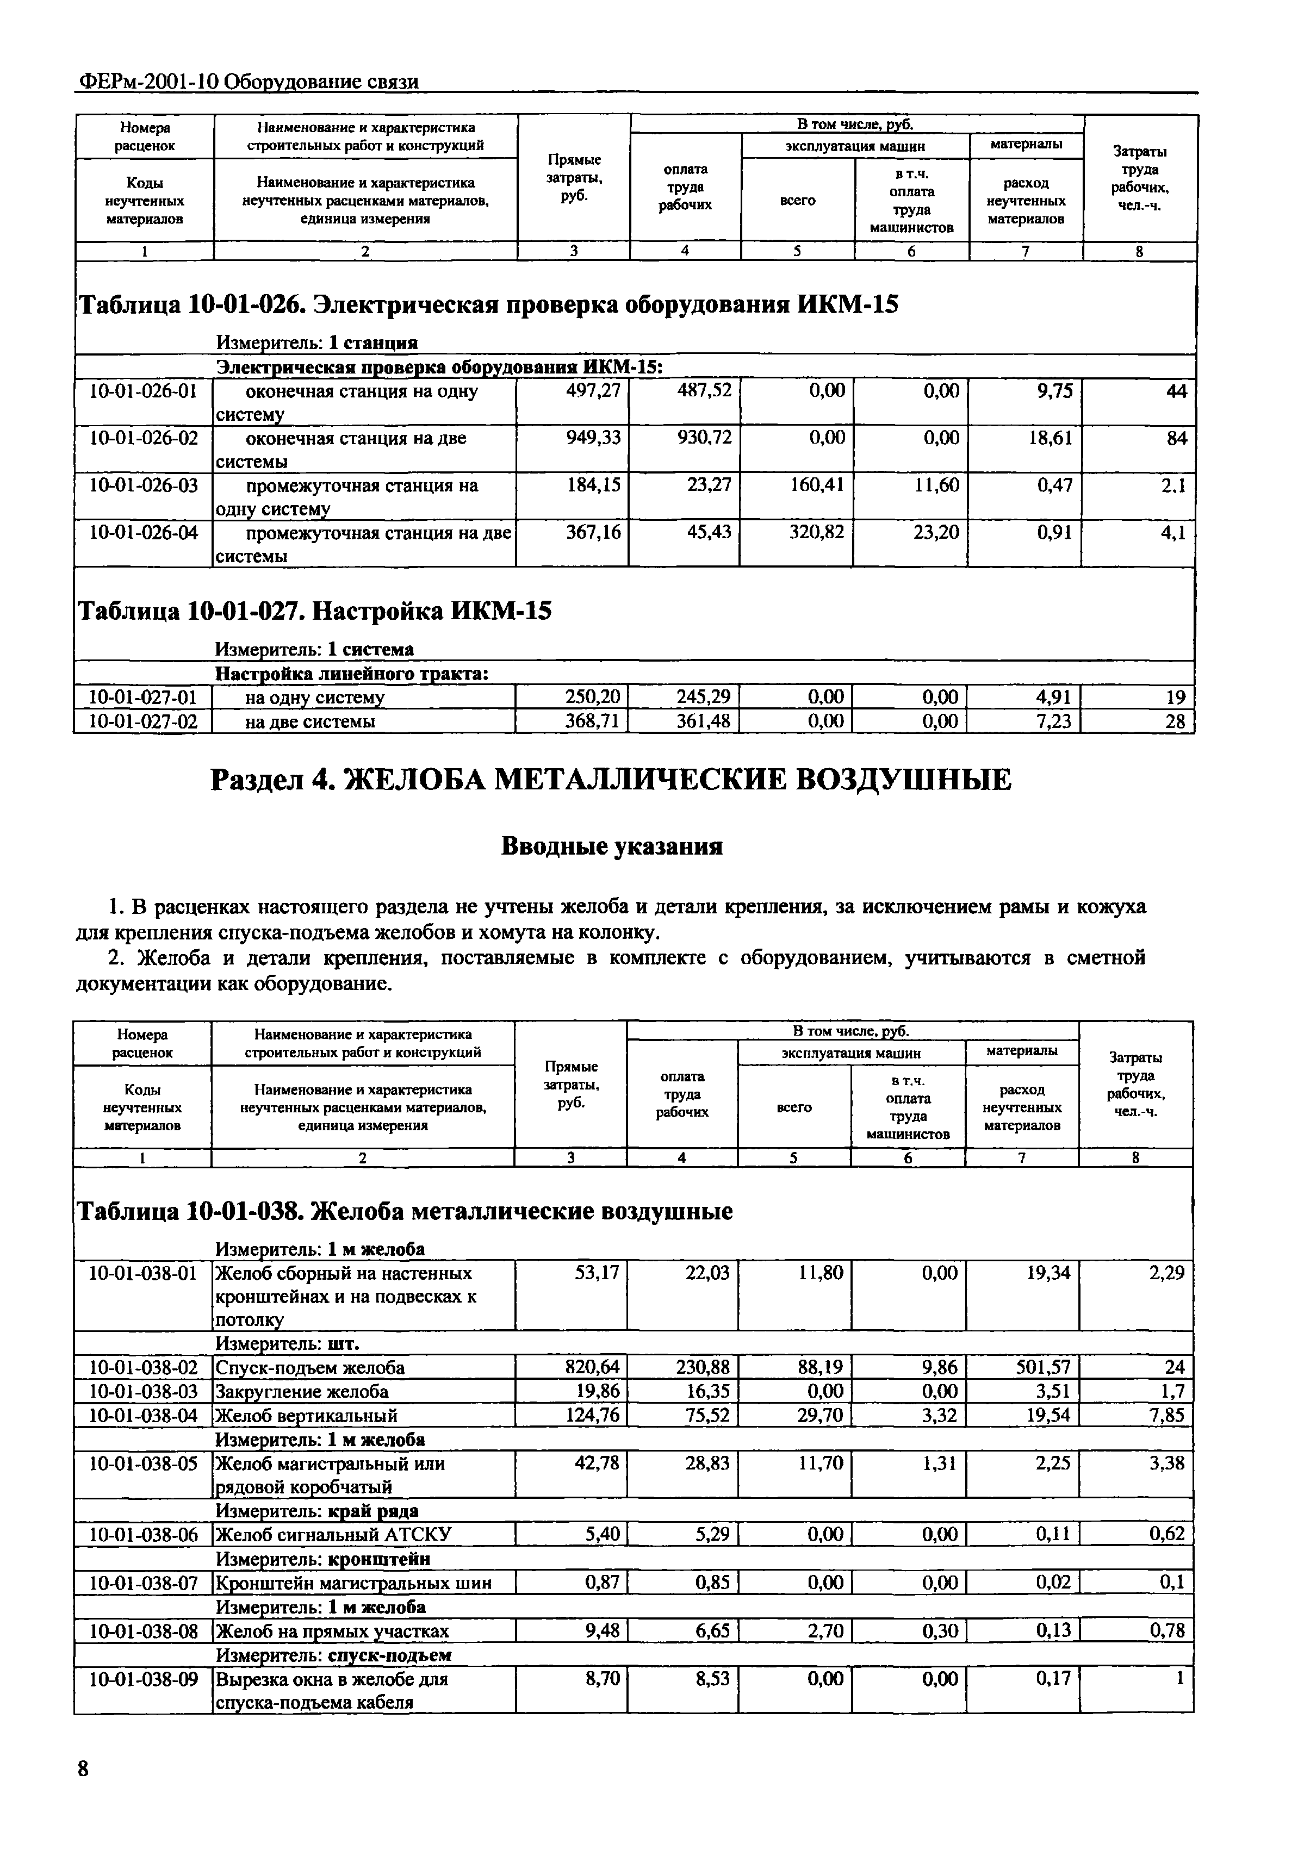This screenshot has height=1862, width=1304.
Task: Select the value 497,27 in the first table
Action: click(x=593, y=391)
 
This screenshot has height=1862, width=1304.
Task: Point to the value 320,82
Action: click(x=817, y=532)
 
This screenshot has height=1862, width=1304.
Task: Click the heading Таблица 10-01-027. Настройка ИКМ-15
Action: click(x=314, y=611)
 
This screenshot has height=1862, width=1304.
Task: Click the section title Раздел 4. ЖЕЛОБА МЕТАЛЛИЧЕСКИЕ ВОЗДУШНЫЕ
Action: click(x=611, y=780)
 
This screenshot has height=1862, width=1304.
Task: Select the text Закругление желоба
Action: click(x=302, y=1392)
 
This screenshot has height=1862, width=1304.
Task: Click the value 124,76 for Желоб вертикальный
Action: click(x=592, y=1416)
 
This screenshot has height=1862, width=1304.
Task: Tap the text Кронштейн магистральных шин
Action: click(x=353, y=1582)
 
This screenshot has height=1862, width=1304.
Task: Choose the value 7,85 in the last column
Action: click(x=1168, y=1416)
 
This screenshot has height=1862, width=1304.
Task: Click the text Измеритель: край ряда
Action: click(x=317, y=1511)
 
